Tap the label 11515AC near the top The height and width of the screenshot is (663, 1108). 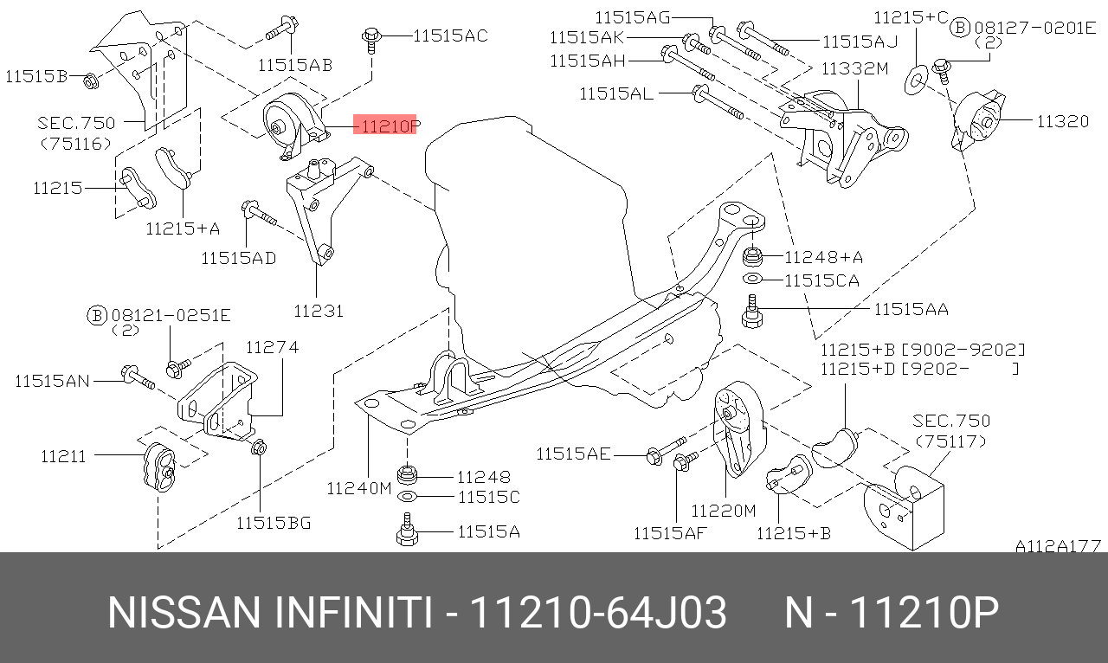(x=450, y=35)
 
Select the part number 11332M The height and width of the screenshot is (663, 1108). (x=854, y=68)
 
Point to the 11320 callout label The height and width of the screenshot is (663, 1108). (x=1062, y=120)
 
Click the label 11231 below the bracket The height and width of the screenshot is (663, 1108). (x=319, y=311)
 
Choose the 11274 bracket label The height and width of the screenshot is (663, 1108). (x=273, y=347)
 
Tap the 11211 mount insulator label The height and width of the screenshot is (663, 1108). (x=63, y=455)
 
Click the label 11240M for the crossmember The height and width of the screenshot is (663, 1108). (x=359, y=488)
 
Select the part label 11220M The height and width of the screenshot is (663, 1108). (x=723, y=510)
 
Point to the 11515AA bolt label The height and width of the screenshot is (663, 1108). (x=912, y=309)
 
